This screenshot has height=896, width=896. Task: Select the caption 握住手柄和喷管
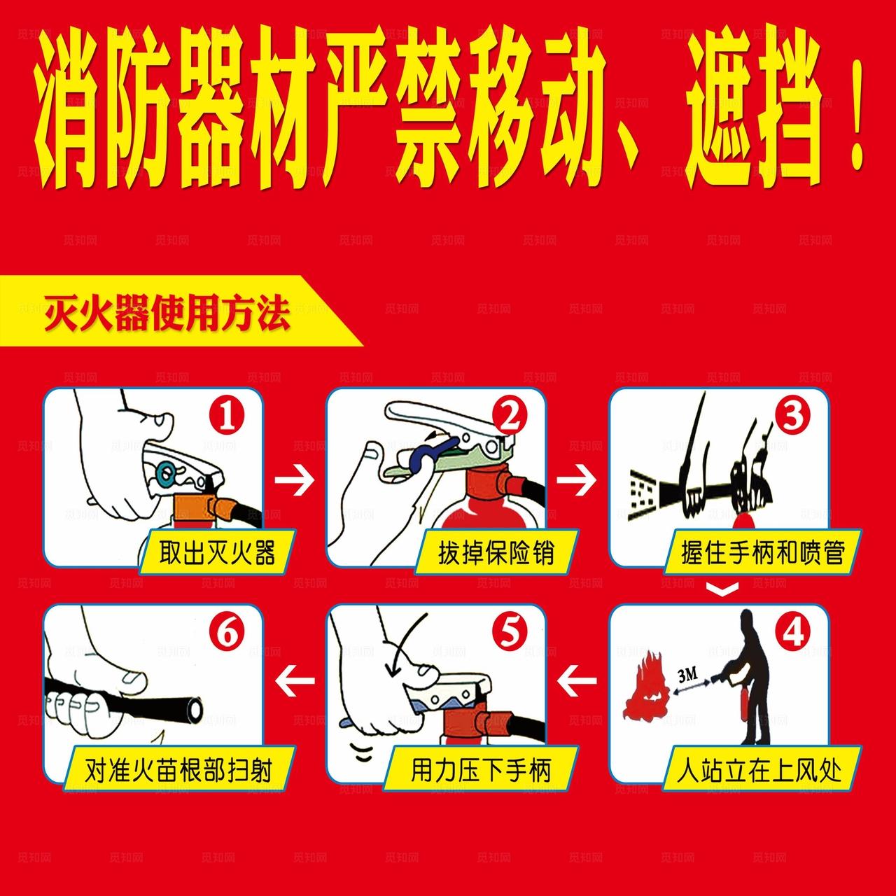point(763,553)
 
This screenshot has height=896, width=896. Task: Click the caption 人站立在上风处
point(759,771)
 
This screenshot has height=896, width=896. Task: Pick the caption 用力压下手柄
point(481,771)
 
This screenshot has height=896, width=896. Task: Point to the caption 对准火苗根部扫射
point(178,771)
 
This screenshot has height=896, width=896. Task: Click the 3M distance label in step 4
point(688,675)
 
